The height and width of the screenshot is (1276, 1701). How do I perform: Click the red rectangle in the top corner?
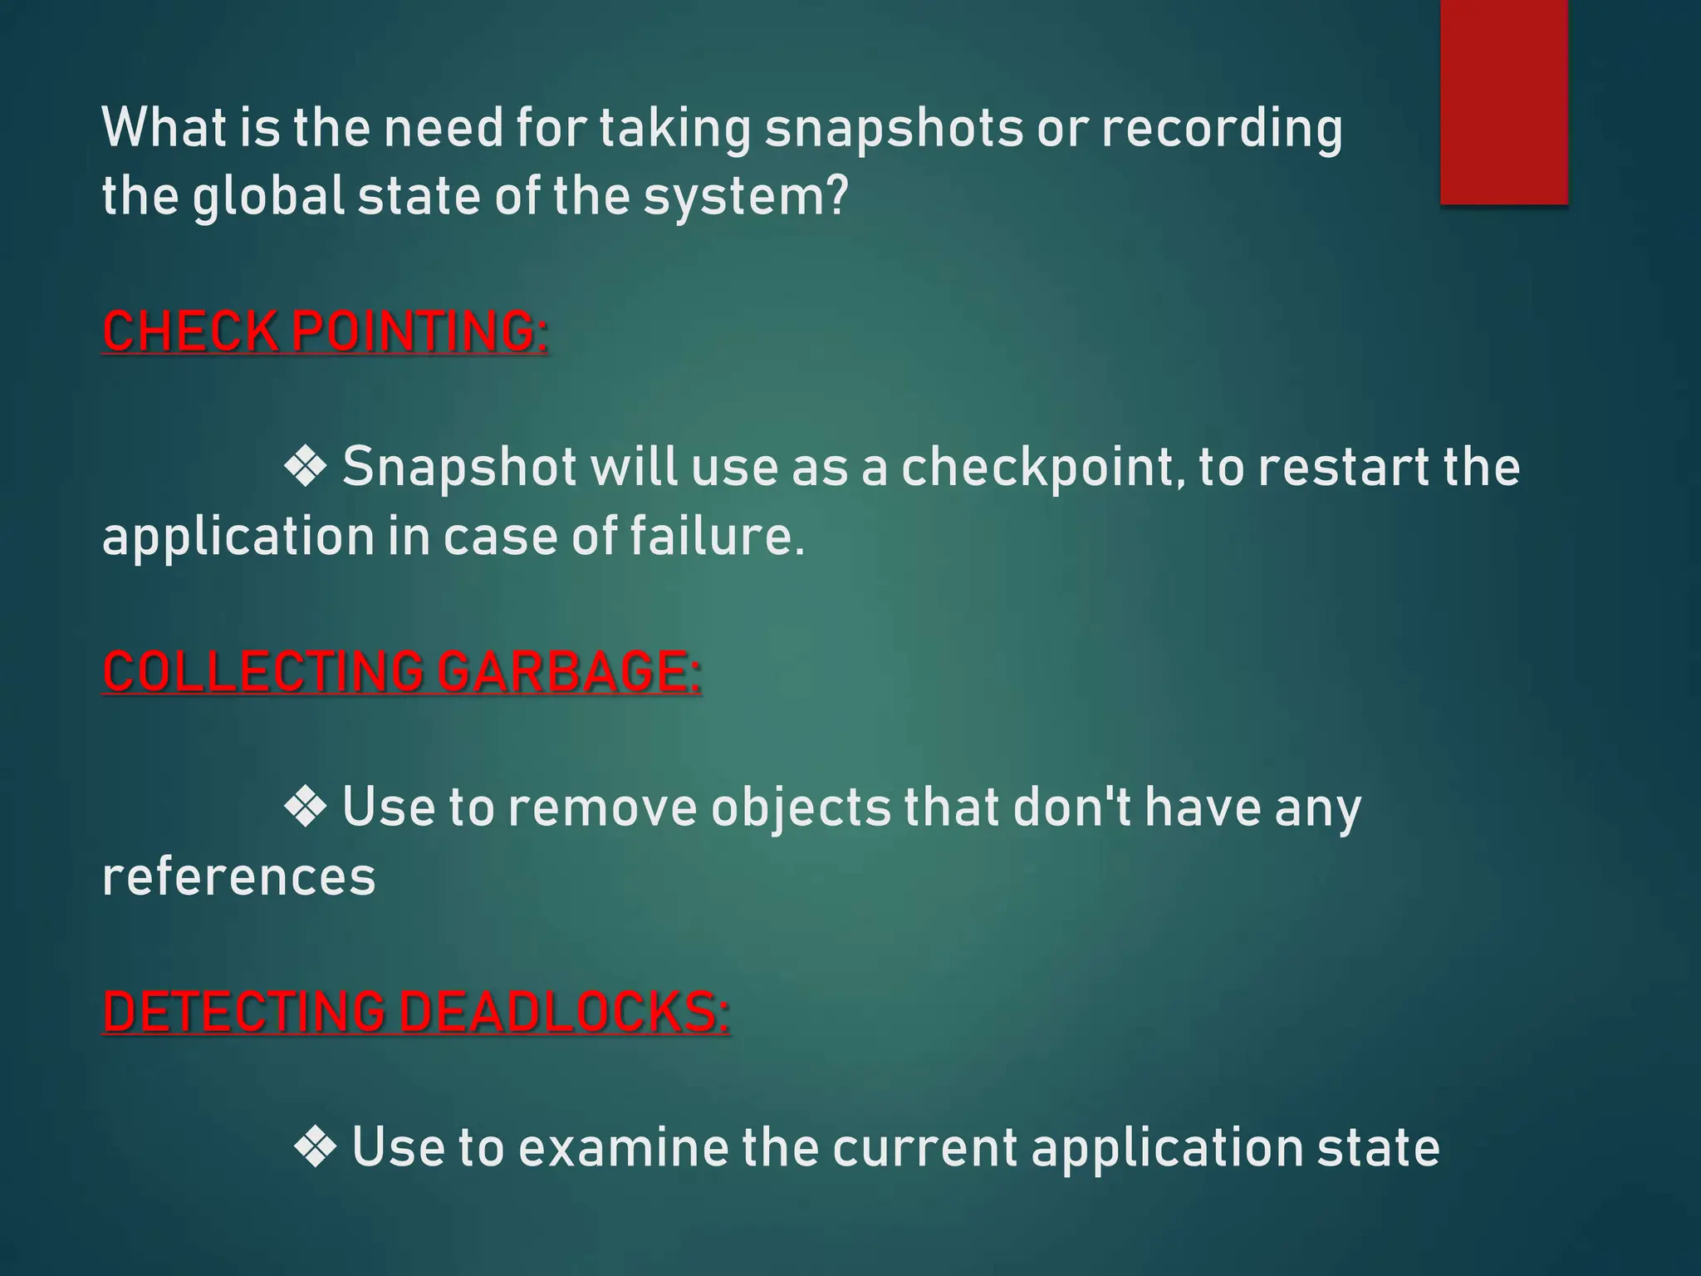[1504, 101]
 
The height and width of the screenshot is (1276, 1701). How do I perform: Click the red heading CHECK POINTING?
[325, 331]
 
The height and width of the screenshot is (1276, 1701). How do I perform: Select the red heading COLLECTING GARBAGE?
[402, 671]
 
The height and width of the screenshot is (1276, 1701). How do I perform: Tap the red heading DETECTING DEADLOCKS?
[416, 1012]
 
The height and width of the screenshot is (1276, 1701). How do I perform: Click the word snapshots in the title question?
[894, 129]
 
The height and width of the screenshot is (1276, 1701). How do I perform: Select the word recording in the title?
[1222, 129]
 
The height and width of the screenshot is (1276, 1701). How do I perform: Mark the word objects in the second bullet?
[801, 808]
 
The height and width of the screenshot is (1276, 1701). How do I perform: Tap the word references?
[238, 877]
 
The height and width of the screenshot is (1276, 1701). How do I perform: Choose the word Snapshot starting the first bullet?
[459, 468]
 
